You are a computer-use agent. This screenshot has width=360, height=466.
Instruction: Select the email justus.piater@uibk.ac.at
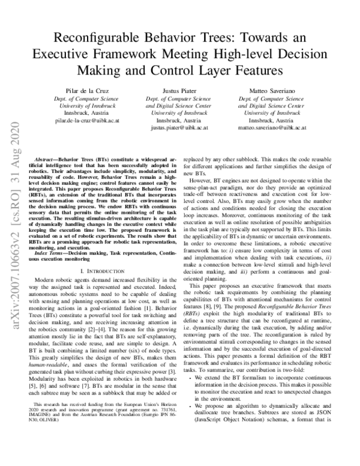click(179, 128)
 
